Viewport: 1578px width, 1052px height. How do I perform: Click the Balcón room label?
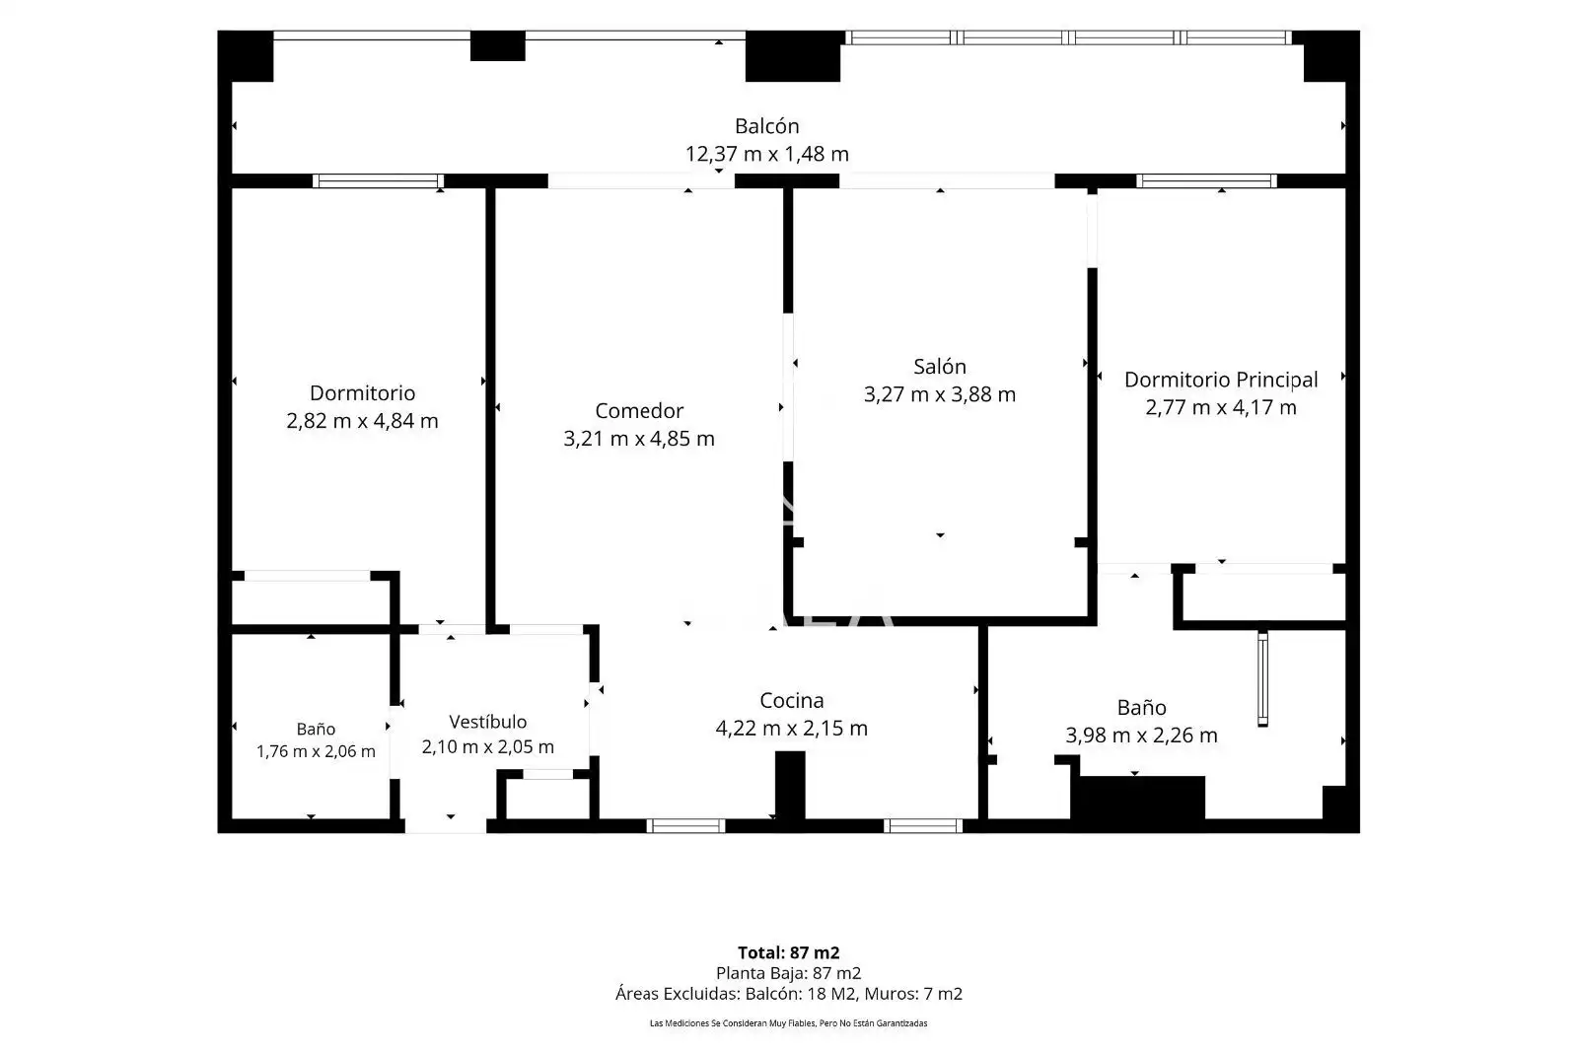point(766,126)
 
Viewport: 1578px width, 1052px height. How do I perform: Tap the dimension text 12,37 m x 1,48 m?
point(766,154)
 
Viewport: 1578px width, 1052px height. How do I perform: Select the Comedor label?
point(639,410)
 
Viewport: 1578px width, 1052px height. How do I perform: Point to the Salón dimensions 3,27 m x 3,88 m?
point(940,394)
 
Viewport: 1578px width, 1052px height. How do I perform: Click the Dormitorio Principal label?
point(1221,380)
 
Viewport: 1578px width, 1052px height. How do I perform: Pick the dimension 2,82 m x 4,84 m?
point(362,421)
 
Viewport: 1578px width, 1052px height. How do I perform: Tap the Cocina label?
point(791,701)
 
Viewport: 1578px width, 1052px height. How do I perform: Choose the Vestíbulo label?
point(487,722)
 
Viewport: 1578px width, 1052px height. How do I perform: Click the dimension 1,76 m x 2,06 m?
point(316,751)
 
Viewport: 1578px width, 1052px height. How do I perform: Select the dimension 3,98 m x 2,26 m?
point(1141,736)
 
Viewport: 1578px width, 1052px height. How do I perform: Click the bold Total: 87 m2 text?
point(788,952)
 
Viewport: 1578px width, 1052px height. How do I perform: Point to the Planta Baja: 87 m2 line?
point(788,973)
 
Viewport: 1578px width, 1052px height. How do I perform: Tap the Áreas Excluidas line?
point(788,994)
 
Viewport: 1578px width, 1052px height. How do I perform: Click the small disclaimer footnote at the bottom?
point(788,1023)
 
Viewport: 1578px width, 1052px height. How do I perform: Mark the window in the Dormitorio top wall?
point(379,181)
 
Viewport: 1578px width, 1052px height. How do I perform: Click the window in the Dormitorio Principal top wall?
point(1206,181)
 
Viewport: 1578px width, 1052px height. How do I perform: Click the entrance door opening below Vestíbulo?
point(445,826)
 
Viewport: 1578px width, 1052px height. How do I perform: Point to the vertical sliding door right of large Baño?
point(1262,678)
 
